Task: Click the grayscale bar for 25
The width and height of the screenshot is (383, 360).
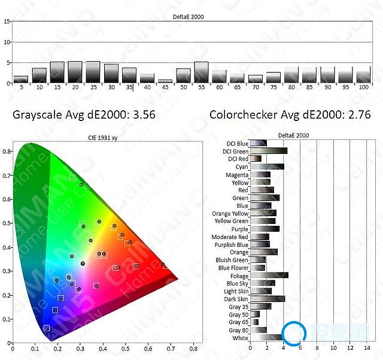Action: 93,72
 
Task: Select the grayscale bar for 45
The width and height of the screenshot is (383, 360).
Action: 165,81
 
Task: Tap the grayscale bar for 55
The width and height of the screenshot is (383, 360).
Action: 201,72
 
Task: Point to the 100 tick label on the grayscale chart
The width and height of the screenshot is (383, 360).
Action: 363,88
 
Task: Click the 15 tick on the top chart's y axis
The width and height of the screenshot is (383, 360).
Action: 7,21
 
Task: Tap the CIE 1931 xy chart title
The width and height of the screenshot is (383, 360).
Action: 101,138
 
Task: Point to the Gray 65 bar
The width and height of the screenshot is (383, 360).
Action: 254,322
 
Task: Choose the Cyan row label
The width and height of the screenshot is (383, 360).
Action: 242,167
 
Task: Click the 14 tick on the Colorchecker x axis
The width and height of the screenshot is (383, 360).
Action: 367,347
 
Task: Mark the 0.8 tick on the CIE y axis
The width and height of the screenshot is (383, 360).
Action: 7,152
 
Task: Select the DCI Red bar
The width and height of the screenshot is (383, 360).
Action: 256,159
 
